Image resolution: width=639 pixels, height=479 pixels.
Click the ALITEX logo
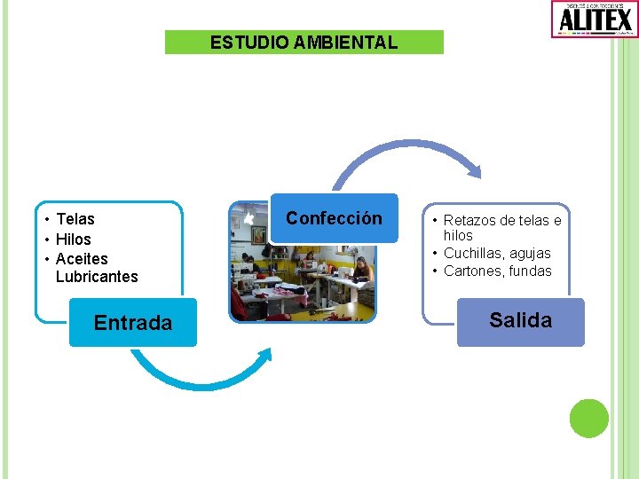(594, 19)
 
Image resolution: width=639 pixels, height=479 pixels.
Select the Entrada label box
(133, 323)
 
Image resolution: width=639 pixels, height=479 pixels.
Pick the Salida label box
(520, 320)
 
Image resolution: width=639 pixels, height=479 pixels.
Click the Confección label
(334, 218)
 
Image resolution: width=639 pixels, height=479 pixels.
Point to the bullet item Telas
(75, 219)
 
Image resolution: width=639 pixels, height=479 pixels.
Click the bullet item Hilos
(73, 239)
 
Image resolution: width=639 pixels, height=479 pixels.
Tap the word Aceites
(82, 259)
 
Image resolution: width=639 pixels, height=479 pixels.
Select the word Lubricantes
(97, 277)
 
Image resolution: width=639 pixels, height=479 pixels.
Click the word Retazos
(470, 220)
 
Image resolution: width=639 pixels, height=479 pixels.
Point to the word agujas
(531, 254)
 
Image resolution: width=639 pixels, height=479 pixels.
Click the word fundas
(532, 271)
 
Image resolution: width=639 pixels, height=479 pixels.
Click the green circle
(588, 418)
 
